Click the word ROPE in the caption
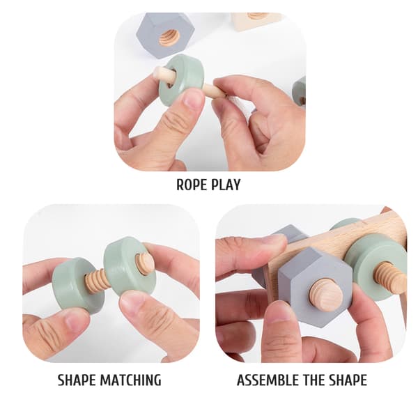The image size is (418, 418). tap(192, 185)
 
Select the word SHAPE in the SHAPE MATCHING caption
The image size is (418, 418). tap(77, 380)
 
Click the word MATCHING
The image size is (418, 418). tap(130, 380)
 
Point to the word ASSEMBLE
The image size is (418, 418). tap(268, 380)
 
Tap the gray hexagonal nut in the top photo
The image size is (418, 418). tap(165, 34)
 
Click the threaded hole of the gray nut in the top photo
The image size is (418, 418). tap(169, 38)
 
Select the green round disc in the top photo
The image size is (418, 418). tap(181, 79)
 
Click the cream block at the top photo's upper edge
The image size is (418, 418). tap(256, 21)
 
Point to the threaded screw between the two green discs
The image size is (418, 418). tap(97, 281)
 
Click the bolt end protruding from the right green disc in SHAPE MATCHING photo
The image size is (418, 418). tap(144, 263)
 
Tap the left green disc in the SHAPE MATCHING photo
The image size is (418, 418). tap(77, 285)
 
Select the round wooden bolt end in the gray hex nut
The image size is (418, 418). tap(326, 295)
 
